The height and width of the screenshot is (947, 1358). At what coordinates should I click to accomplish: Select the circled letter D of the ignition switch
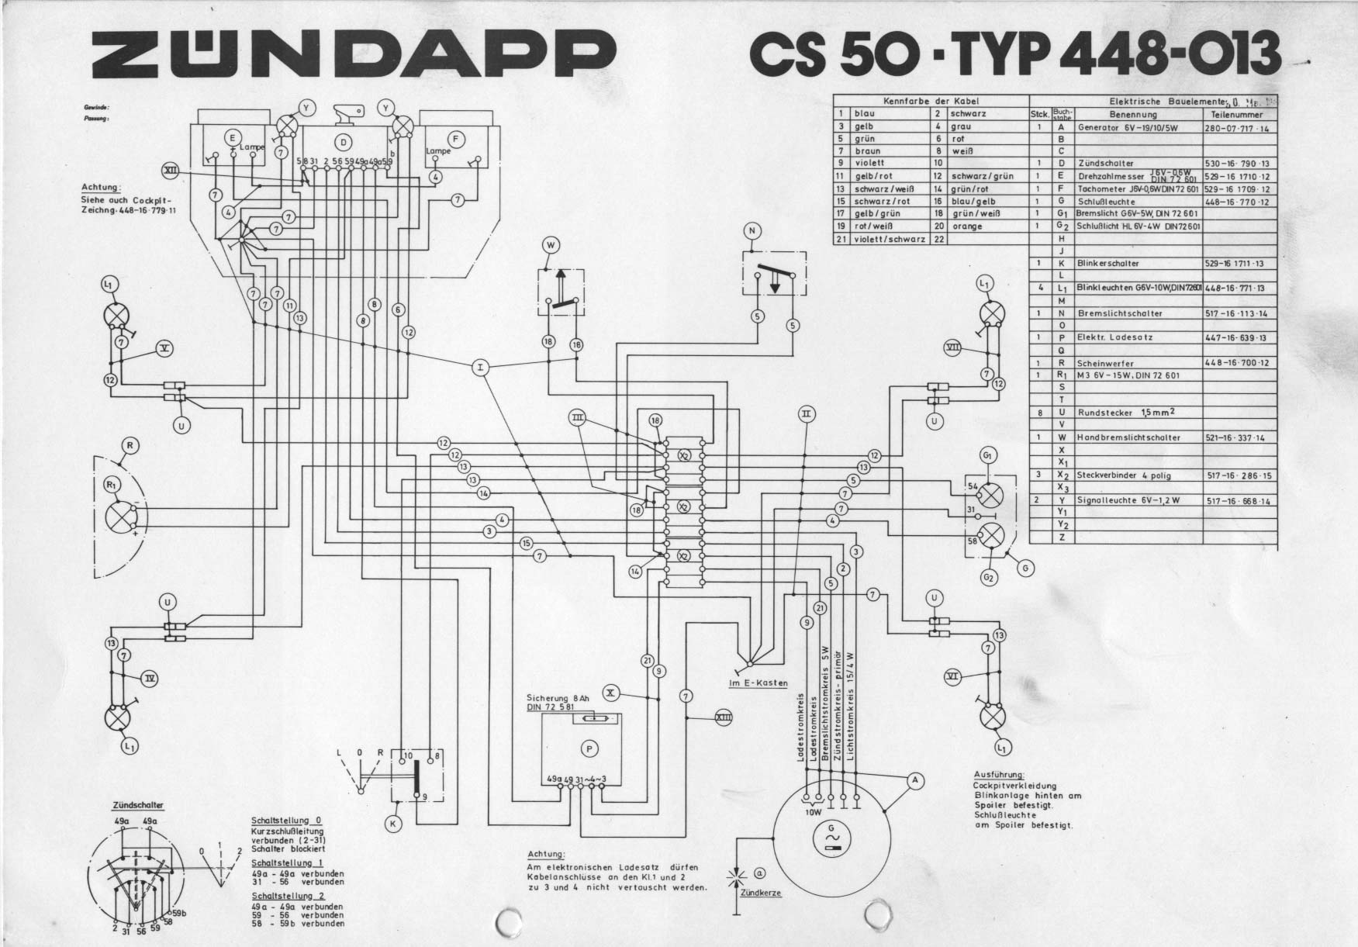(x=344, y=141)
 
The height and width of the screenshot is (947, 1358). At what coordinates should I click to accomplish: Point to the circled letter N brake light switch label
(x=751, y=230)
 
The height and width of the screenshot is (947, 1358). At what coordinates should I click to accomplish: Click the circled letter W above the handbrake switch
(x=551, y=246)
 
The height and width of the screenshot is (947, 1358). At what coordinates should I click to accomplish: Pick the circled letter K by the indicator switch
(x=393, y=824)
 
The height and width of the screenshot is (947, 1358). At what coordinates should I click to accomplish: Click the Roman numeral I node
(x=481, y=368)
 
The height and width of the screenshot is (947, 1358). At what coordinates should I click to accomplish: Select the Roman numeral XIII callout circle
(x=723, y=718)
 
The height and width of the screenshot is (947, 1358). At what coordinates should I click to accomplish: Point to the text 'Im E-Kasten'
(x=758, y=683)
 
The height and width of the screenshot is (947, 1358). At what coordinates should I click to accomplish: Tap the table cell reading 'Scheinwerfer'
(x=1105, y=363)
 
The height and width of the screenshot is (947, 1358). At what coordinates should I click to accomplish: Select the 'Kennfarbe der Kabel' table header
(x=931, y=102)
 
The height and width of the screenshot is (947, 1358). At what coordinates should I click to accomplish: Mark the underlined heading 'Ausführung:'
(x=999, y=775)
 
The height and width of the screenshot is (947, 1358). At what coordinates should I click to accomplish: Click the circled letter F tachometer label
(x=456, y=140)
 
